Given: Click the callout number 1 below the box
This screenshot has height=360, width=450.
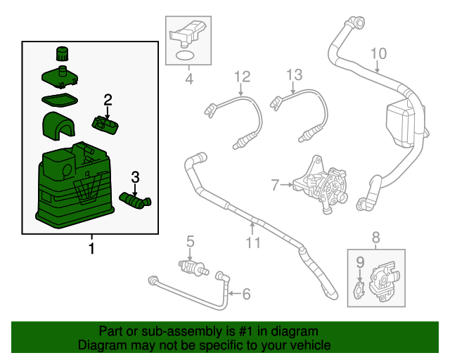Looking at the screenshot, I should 91,248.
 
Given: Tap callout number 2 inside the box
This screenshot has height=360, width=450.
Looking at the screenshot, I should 108,98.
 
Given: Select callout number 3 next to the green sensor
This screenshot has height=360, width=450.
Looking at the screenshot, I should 135,176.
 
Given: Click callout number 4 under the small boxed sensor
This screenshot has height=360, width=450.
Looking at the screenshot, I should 188,79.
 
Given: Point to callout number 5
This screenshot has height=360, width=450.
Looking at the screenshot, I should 190,243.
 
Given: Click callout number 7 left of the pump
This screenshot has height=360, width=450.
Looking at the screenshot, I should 276,185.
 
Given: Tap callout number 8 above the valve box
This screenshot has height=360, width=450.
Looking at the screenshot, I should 375,237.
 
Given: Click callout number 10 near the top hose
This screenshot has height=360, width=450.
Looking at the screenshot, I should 378,53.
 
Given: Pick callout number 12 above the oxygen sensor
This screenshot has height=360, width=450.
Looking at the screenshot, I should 242,76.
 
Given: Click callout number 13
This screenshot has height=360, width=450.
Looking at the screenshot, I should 294,75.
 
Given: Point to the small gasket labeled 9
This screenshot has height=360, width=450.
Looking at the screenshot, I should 359,289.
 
